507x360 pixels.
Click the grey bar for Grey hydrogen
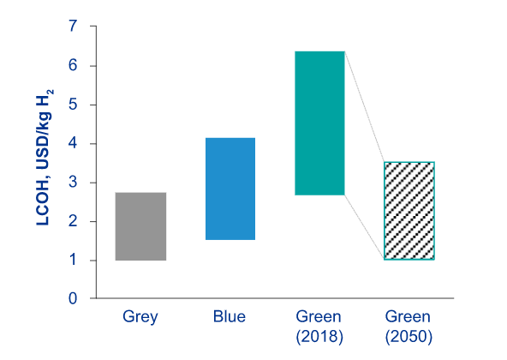pyautogui.click(x=140, y=226)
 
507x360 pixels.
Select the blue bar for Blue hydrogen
pyautogui.click(x=230, y=189)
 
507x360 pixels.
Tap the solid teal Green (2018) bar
pyautogui.click(x=319, y=123)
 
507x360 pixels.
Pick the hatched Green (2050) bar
pyautogui.click(x=409, y=211)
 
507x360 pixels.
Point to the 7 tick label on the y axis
pyautogui.click(x=73, y=26)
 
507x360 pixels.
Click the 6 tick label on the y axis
pyautogui.click(x=73, y=66)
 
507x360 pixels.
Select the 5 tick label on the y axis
pyautogui.click(x=73, y=105)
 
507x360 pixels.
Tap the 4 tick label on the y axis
pyautogui.click(x=73, y=144)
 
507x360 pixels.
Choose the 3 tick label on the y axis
pyautogui.click(x=73, y=183)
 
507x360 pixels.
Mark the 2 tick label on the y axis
pyautogui.click(x=73, y=221)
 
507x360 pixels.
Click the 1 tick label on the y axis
pyautogui.click(x=73, y=261)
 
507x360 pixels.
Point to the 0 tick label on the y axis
pyautogui.click(x=73, y=298)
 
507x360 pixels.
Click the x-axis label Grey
pyautogui.click(x=140, y=317)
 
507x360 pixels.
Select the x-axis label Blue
pyautogui.click(x=230, y=316)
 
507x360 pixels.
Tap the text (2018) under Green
pyautogui.click(x=319, y=337)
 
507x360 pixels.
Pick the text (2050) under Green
pyautogui.click(x=409, y=337)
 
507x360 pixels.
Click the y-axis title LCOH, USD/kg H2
pyautogui.click(x=44, y=158)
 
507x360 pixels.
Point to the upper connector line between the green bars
pyautogui.click(x=365, y=106)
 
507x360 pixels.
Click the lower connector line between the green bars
pyautogui.click(x=365, y=227)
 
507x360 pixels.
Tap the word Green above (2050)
pyautogui.click(x=408, y=316)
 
